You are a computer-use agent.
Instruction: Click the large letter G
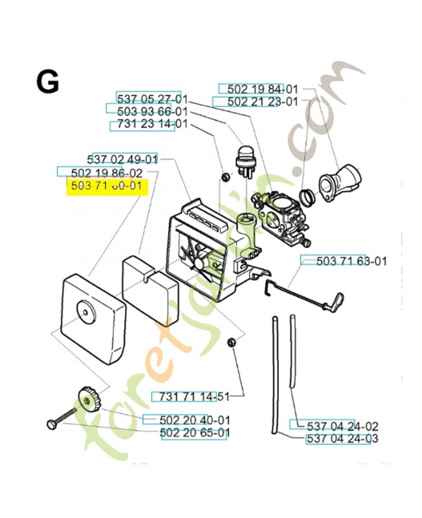pyautogui.click(x=47, y=83)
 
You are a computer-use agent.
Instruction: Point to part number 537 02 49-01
pyautogui.click(x=122, y=159)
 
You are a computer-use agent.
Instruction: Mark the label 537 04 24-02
pyautogui.click(x=334, y=426)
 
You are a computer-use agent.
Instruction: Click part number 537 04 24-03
pyautogui.click(x=342, y=439)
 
